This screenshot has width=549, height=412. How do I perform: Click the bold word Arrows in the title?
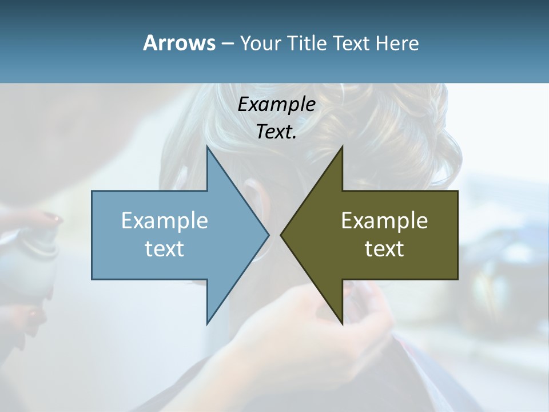point(178,43)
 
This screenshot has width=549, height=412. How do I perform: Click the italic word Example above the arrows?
point(276,104)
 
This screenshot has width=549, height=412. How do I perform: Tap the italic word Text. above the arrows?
point(276,132)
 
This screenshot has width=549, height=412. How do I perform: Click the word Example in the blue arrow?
point(165,221)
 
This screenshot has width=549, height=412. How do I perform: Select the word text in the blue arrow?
point(165,249)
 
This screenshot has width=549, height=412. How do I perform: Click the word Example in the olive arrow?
point(384,221)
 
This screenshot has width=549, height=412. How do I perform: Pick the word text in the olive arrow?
point(384,249)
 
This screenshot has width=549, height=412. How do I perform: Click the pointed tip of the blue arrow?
point(268,235)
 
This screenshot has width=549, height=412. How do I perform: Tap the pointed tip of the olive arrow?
point(282,235)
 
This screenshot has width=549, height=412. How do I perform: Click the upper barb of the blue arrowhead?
point(208,150)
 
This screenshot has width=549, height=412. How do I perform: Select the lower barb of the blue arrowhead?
point(208,321)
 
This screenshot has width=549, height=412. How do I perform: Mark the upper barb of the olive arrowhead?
point(341,150)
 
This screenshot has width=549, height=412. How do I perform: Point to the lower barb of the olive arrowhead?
point(341,321)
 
